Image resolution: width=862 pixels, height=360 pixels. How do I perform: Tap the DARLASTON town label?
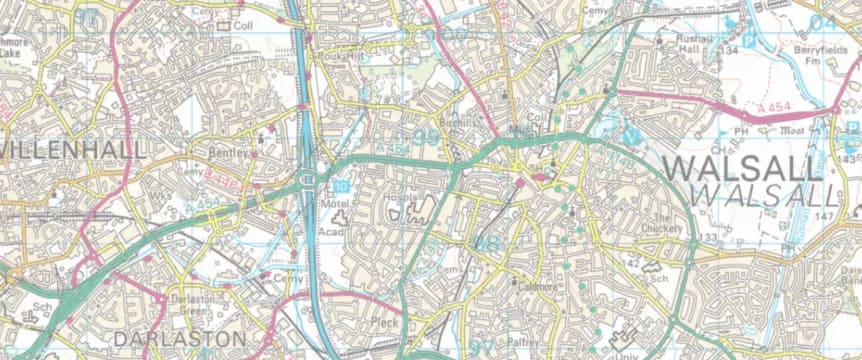click(x=179, y=339)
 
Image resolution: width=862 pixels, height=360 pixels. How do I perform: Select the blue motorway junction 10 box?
click(x=342, y=186)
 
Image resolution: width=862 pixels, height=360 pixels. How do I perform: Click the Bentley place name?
click(x=227, y=153)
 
